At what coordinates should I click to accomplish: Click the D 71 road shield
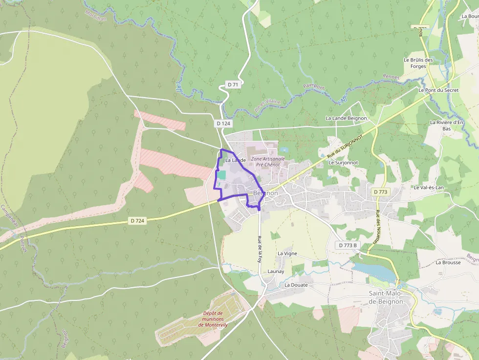(233, 85)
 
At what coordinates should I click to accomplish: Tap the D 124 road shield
(223, 124)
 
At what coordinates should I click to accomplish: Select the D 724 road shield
(137, 221)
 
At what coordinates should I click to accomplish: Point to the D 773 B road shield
(348, 245)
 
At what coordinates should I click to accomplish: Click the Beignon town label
(266, 193)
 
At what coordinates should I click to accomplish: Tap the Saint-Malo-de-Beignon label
(386, 297)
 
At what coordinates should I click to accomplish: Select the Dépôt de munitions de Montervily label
(213, 319)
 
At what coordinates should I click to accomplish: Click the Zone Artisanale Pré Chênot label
(267, 162)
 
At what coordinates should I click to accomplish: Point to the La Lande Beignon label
(346, 118)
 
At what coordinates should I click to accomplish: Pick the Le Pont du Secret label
(438, 90)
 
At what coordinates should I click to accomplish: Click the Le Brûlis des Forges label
(418, 63)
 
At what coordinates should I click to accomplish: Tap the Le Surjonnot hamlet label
(343, 162)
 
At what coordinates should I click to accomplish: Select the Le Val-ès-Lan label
(429, 187)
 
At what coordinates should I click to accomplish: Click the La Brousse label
(448, 262)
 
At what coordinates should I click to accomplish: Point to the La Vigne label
(287, 254)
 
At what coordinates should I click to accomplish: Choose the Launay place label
(276, 271)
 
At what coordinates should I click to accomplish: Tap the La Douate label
(296, 285)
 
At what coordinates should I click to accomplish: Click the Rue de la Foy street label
(260, 249)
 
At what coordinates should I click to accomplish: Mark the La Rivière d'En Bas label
(446, 125)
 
